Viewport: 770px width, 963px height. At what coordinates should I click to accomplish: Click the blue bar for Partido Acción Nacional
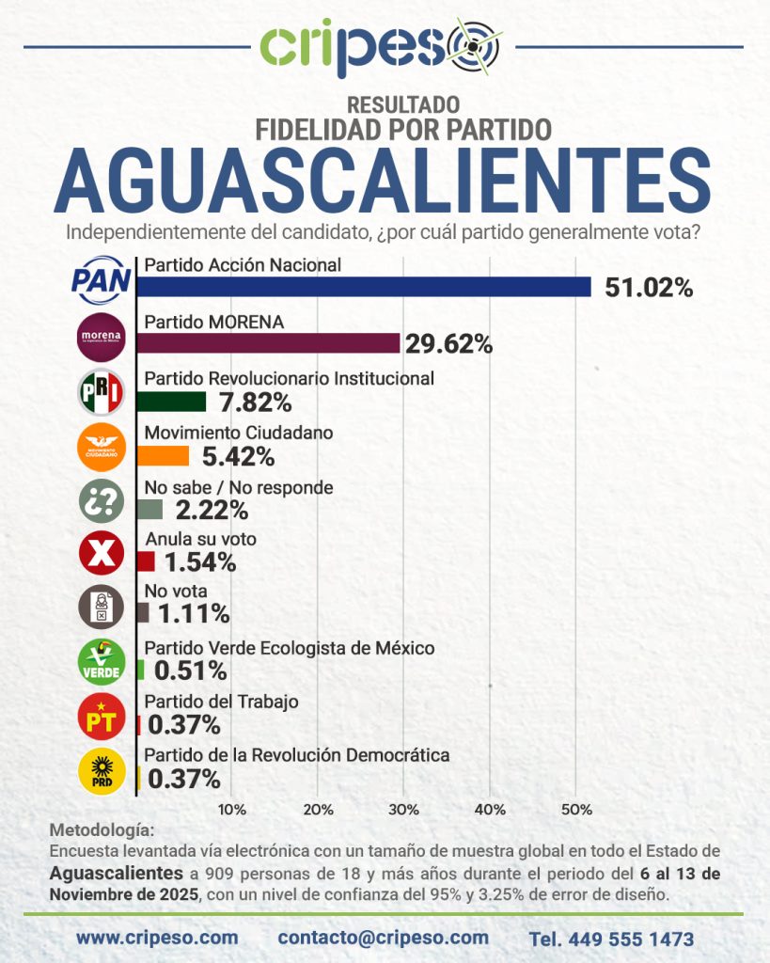(364, 287)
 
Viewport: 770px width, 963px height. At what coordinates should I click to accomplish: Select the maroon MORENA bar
(268, 343)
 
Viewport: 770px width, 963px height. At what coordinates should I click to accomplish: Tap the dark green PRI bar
(171, 402)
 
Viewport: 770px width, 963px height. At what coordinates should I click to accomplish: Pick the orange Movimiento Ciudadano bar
(163, 456)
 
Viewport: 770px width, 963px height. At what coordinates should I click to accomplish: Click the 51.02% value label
(649, 289)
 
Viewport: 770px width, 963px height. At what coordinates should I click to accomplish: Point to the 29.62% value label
(448, 345)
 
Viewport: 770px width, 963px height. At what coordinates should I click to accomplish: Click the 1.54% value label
(198, 563)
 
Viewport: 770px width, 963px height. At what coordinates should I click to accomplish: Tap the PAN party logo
(100, 280)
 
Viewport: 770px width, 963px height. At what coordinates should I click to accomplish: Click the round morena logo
(100, 339)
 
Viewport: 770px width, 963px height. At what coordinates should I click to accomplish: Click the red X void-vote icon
(100, 555)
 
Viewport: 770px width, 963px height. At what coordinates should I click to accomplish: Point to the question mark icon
(100, 501)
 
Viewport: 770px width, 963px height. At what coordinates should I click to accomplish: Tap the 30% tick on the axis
(404, 810)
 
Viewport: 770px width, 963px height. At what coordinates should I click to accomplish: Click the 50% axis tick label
(575, 810)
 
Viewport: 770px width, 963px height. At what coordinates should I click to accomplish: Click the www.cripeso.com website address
(157, 938)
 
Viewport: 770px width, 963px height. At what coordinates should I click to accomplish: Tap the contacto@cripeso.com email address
(383, 938)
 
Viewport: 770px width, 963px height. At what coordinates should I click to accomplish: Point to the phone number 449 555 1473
(611, 939)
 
